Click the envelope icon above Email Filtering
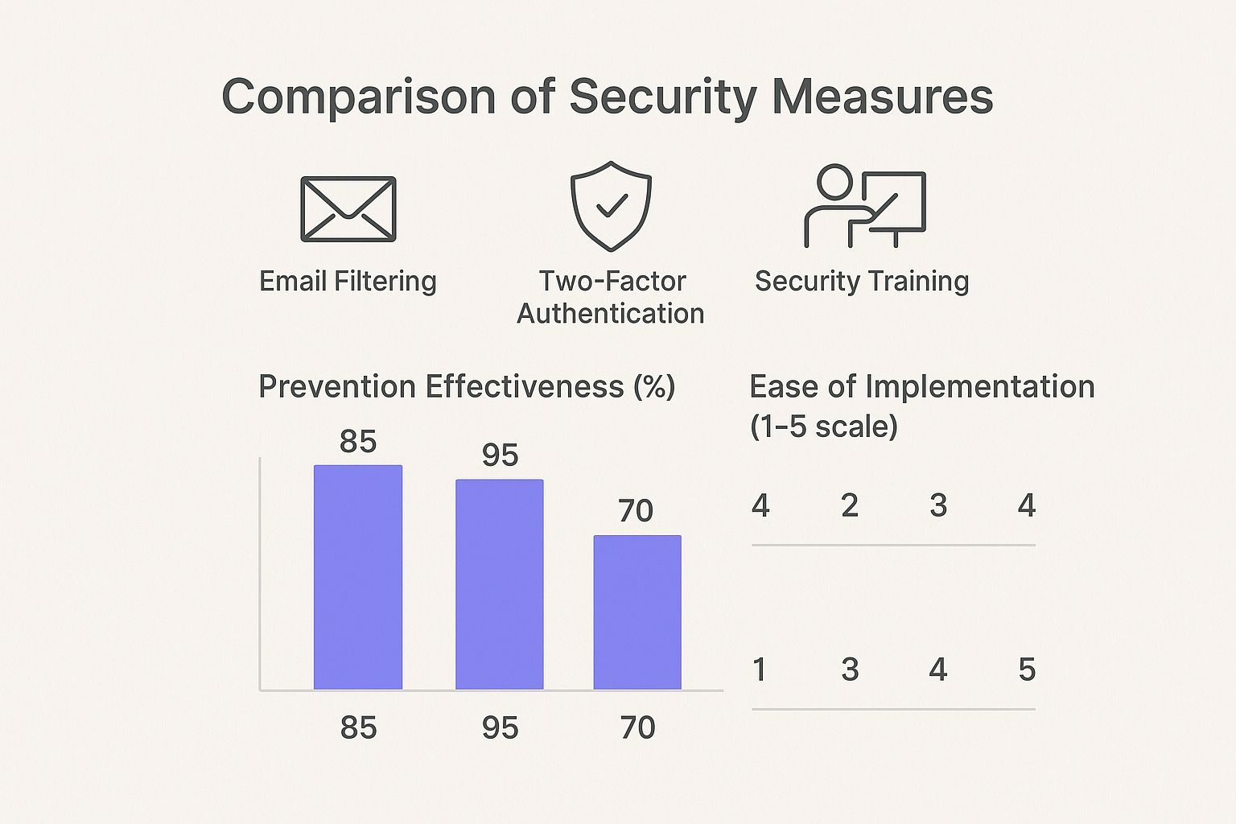[x=348, y=209]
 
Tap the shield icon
[x=611, y=205]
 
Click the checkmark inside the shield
[x=612, y=206]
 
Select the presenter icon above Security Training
[x=865, y=206]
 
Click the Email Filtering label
[x=348, y=282]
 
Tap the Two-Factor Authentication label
[x=611, y=297]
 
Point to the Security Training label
[x=862, y=282]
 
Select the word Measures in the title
[x=883, y=97]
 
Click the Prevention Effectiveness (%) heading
[x=467, y=387]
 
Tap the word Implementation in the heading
[x=979, y=387]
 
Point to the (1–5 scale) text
[x=823, y=426]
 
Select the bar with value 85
[x=358, y=577]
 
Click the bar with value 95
[x=500, y=584]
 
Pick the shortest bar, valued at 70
[x=637, y=612]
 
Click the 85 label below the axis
[x=358, y=728]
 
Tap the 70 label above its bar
[x=636, y=511]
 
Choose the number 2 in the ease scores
[x=850, y=506]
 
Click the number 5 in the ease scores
[x=1027, y=669]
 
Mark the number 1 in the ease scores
[x=760, y=669]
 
